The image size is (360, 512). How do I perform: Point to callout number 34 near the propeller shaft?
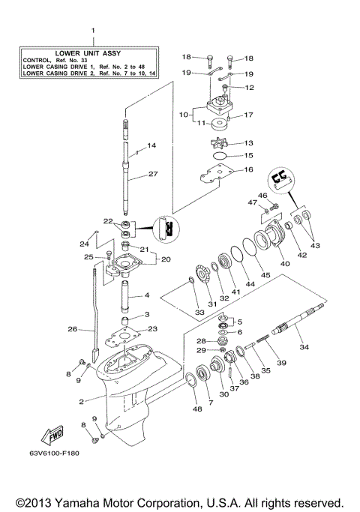[304, 347]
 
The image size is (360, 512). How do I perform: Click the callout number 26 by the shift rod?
[72, 328]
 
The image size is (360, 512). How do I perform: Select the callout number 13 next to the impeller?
[248, 142]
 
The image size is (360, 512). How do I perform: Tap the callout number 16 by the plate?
[248, 170]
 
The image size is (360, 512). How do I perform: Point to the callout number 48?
[197, 409]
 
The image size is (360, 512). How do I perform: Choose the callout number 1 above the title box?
[94, 31]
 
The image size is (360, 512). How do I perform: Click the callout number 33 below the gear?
[199, 312]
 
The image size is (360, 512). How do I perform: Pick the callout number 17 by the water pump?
[248, 115]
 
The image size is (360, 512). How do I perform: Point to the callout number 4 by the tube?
[147, 295]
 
